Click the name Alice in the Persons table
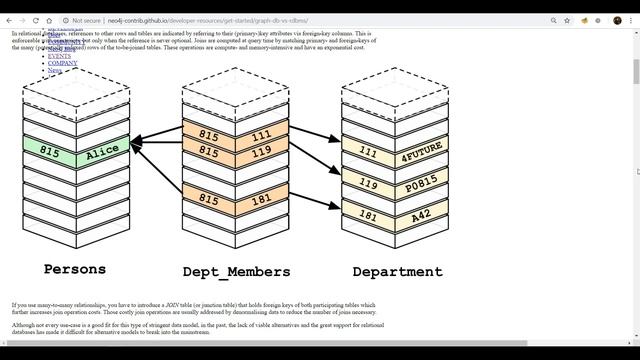[102, 152]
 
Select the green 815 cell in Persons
[49, 151]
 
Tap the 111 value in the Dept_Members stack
[261, 135]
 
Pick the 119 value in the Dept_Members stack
[261, 152]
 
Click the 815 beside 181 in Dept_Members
[209, 200]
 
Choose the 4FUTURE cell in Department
[421, 156]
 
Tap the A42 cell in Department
[421, 215]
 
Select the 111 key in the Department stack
[368, 154]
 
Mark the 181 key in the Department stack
[368, 215]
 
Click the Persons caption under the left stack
[74, 269]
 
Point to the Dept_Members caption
[236, 271]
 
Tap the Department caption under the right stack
[397, 271]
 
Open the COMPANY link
[62, 63]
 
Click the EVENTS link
[59, 56]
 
